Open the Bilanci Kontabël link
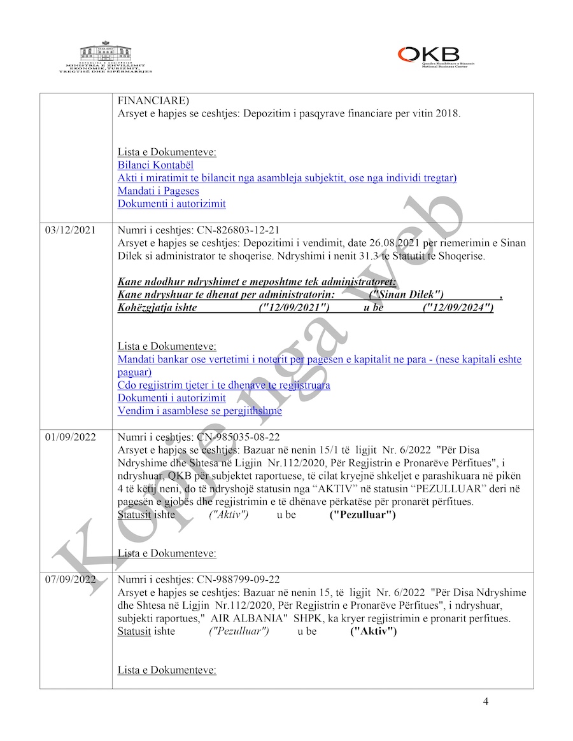155,165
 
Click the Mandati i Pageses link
158,191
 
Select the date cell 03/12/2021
71,230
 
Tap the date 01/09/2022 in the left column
71,437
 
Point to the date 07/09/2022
71,579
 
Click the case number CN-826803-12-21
232,230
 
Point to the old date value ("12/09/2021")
294,308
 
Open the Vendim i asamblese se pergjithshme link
199,411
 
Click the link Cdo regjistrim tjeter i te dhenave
223,385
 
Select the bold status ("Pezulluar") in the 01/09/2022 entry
362,515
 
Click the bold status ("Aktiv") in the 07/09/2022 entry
373,632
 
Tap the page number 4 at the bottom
486,702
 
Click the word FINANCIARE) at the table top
153,100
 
